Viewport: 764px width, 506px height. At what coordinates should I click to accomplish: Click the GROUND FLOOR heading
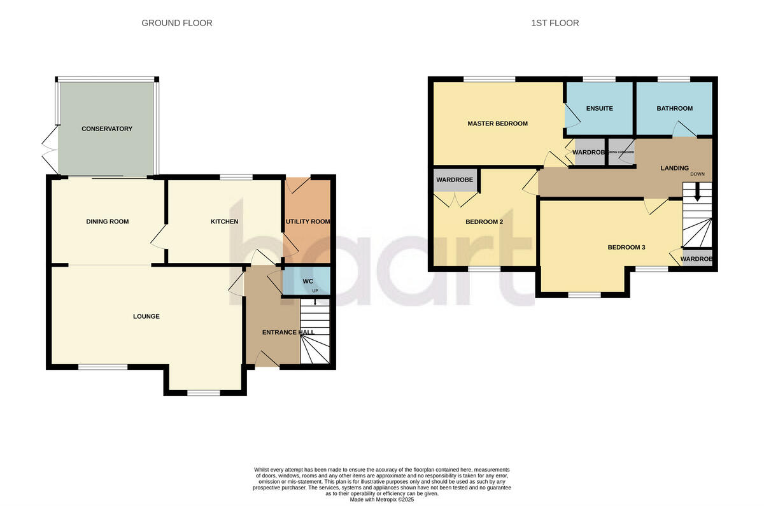(x=177, y=23)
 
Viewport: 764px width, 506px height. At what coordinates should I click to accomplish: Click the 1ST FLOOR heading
(x=555, y=23)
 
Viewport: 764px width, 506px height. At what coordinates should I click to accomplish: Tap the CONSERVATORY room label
(x=107, y=129)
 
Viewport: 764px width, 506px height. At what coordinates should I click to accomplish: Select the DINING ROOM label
(x=108, y=221)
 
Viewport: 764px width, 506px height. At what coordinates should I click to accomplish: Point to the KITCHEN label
(x=224, y=221)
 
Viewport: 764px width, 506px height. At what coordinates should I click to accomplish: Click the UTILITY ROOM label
(x=308, y=221)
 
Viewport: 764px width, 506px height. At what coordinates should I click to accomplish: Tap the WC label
(x=308, y=281)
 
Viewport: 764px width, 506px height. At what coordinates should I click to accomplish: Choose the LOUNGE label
(x=146, y=316)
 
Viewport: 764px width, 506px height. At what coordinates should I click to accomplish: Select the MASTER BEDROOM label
(x=497, y=123)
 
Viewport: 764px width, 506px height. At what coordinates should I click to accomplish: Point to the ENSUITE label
(x=599, y=108)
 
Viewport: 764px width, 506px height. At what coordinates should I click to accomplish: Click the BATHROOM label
(x=674, y=108)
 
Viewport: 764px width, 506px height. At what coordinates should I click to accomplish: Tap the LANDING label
(x=674, y=168)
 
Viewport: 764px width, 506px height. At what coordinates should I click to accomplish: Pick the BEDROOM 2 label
(x=485, y=221)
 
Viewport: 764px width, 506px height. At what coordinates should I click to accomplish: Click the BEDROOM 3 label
(x=626, y=247)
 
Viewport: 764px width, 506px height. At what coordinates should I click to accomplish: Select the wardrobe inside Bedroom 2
(x=455, y=180)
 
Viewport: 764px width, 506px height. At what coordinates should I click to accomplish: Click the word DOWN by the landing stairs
(x=697, y=174)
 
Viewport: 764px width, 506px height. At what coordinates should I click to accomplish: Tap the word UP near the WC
(x=315, y=291)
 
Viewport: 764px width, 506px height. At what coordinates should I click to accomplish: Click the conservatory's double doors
(x=48, y=148)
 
